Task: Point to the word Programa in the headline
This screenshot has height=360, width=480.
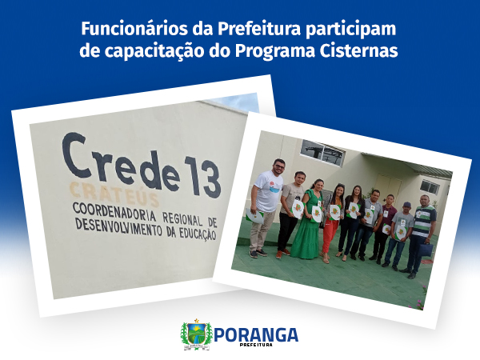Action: pyautogui.click(x=274, y=52)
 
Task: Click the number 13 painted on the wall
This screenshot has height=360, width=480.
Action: pyautogui.click(x=202, y=176)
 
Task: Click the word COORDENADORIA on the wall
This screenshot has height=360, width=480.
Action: pyautogui.click(x=114, y=212)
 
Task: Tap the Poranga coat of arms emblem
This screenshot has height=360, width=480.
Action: pyautogui.click(x=196, y=334)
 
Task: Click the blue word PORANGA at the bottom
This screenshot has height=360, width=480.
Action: pyautogui.click(x=256, y=334)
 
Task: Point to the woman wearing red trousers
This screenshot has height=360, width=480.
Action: pyautogui.click(x=333, y=223)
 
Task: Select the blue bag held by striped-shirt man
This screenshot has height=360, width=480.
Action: pyautogui.click(x=426, y=250)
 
